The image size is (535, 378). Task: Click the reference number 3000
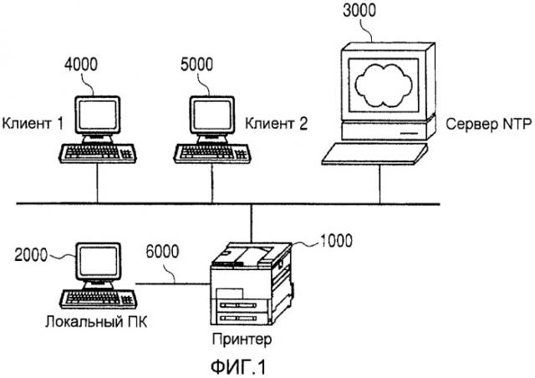tap(359, 11)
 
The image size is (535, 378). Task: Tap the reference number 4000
tap(81, 64)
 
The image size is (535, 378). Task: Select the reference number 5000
tap(197, 64)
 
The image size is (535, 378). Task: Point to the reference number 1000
tap(336, 241)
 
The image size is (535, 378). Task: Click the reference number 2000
tap(31, 255)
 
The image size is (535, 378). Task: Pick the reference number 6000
tap(162, 252)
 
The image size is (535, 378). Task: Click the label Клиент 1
tap(33, 123)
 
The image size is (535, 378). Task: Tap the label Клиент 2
tap(277, 123)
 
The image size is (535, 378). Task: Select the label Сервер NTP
tap(488, 124)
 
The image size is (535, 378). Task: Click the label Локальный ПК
tap(96, 322)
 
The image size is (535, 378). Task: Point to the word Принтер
tap(242, 339)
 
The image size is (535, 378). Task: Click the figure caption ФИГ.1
tap(238, 367)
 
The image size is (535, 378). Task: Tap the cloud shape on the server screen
tap(384, 84)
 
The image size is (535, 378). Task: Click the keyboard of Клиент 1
tap(98, 153)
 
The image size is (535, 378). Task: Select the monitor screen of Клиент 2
tap(211, 115)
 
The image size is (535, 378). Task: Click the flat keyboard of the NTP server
tap(374, 154)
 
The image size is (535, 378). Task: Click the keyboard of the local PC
tap(99, 299)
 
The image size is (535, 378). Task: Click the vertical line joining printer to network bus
tap(252, 223)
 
